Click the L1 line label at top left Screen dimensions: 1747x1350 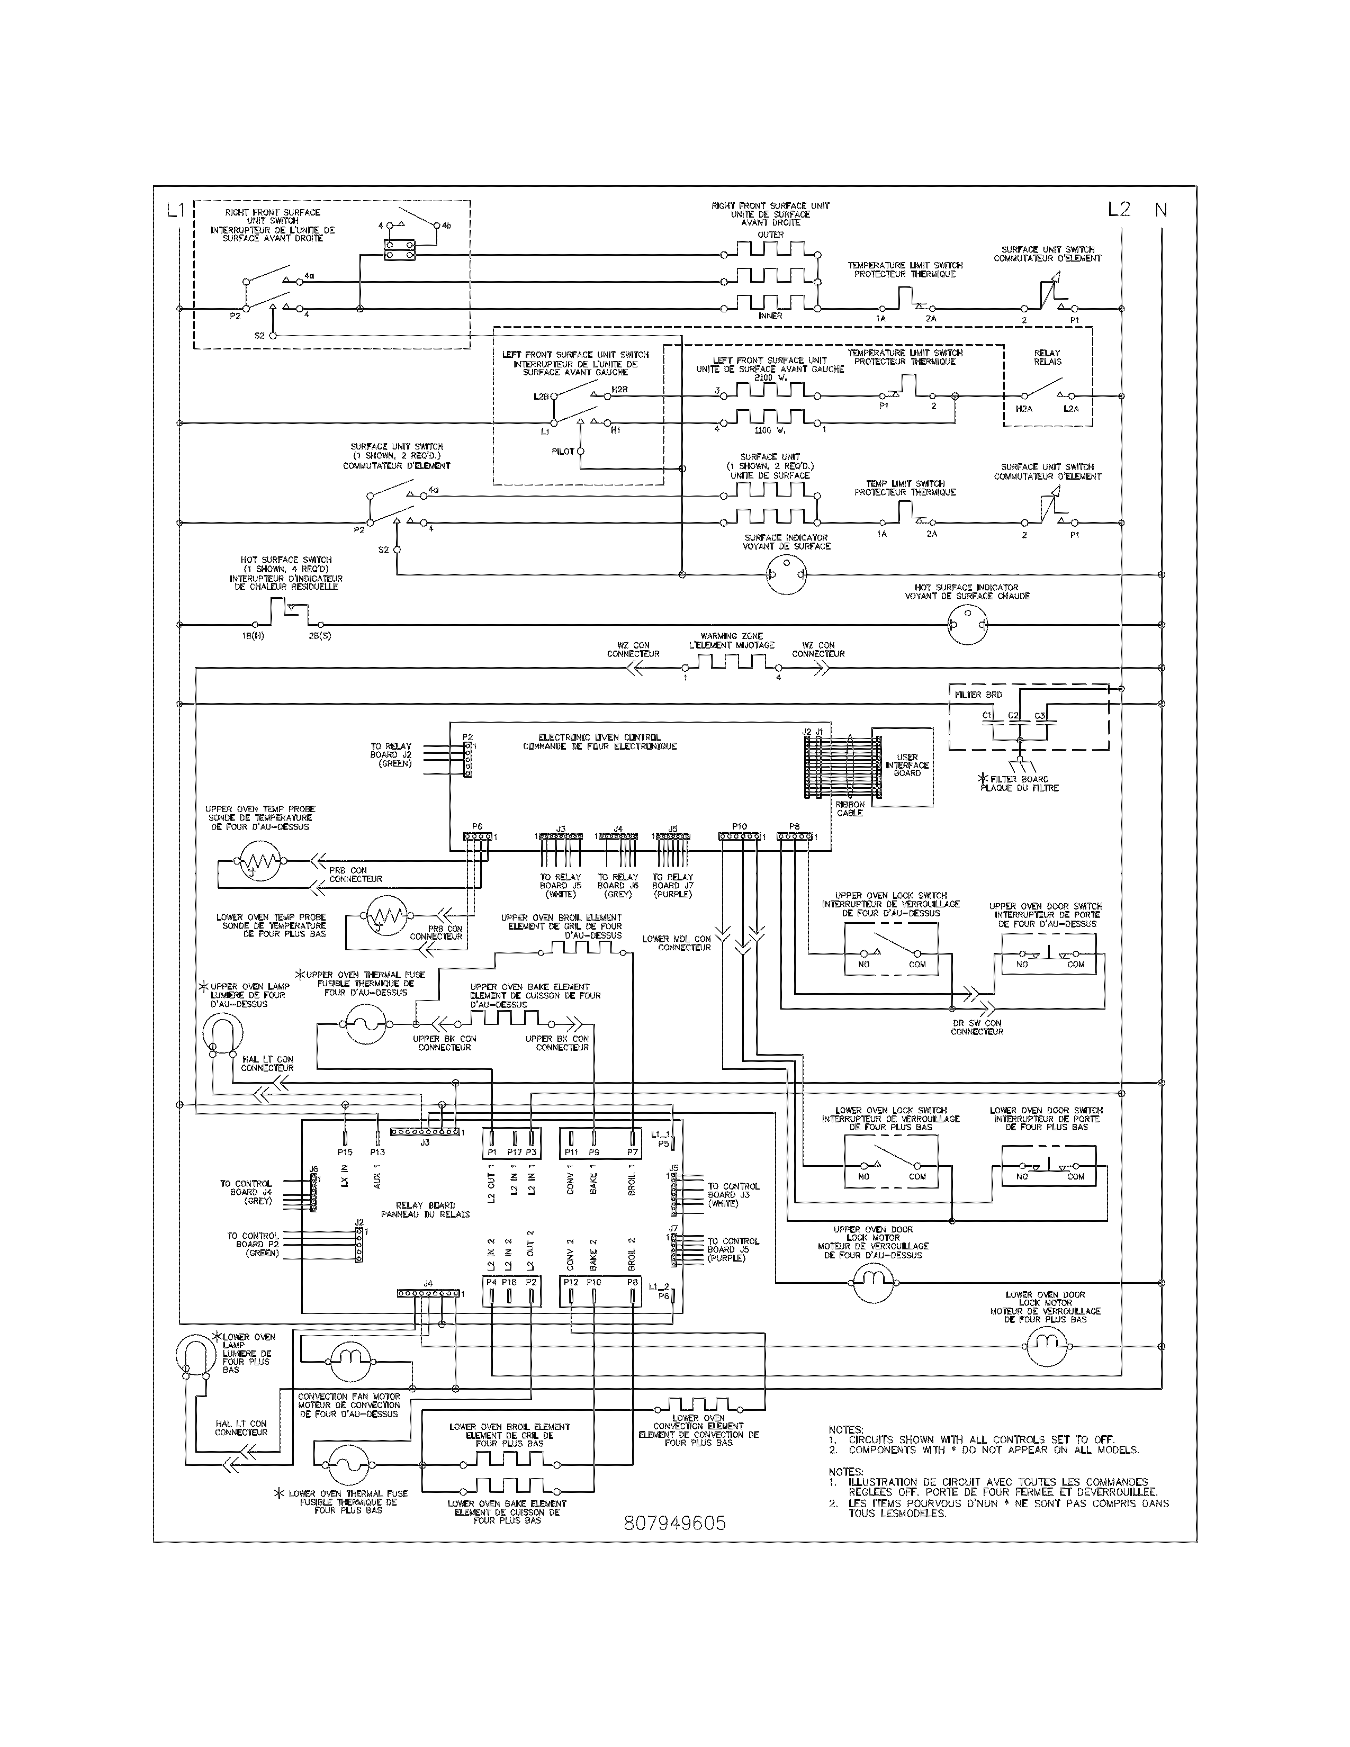tap(175, 210)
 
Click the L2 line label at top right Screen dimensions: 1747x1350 tap(1119, 210)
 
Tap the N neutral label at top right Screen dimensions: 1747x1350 tap(1160, 210)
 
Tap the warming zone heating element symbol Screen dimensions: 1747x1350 tap(731, 663)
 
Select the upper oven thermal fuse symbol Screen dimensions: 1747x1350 tap(365, 1025)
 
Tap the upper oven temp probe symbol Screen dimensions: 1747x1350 tap(257, 861)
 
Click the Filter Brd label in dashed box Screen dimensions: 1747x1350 tap(977, 695)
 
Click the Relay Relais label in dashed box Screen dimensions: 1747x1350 tap(1047, 357)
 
